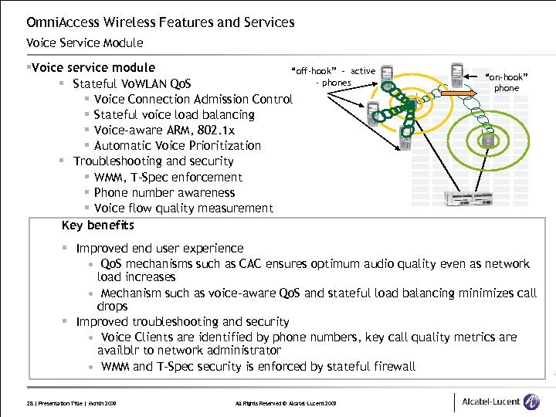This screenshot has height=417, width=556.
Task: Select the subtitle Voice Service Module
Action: [84, 43]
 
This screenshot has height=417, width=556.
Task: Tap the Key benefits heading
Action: [98, 225]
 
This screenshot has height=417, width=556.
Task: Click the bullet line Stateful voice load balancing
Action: [174, 115]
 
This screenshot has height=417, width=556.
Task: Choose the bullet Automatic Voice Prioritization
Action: [177, 146]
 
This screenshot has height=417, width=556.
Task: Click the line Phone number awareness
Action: [164, 193]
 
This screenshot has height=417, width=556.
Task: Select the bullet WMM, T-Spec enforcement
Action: [168, 178]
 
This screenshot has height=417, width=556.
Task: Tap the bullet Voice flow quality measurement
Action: [183, 208]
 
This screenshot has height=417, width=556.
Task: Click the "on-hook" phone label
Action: [507, 83]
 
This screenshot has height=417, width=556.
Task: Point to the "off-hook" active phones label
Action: [334, 76]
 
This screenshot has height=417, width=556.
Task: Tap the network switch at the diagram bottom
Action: [466, 199]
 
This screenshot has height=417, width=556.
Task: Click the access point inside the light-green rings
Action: [487, 141]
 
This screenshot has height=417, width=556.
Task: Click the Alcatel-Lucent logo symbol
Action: [531, 402]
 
